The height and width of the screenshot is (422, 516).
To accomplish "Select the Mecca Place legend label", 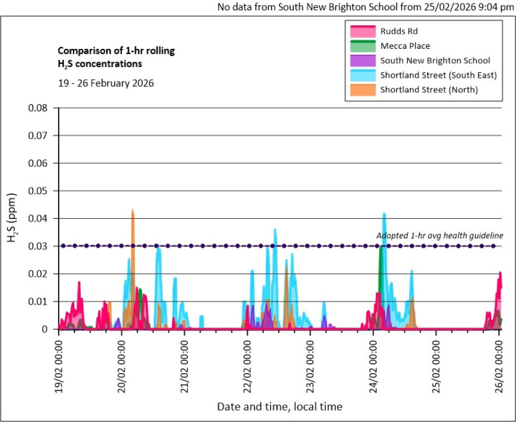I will [x=405, y=46].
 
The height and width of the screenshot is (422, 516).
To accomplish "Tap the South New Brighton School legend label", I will [x=435, y=60].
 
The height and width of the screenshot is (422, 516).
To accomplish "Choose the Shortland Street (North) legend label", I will [x=429, y=90].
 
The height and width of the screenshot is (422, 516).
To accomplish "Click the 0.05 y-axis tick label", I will [x=39, y=191].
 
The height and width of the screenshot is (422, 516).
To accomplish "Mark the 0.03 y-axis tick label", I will [x=39, y=246].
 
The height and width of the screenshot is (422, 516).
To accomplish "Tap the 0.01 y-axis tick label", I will [x=39, y=301].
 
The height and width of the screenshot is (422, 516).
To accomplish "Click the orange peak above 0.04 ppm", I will [x=133, y=212].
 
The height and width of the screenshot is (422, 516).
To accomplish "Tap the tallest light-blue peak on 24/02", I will [x=384, y=215].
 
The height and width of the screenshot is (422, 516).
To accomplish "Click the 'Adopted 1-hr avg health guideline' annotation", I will [x=439, y=236].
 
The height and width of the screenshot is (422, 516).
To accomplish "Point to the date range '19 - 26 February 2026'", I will [x=106, y=83].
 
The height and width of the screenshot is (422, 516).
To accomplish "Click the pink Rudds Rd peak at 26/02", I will [x=500, y=275].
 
